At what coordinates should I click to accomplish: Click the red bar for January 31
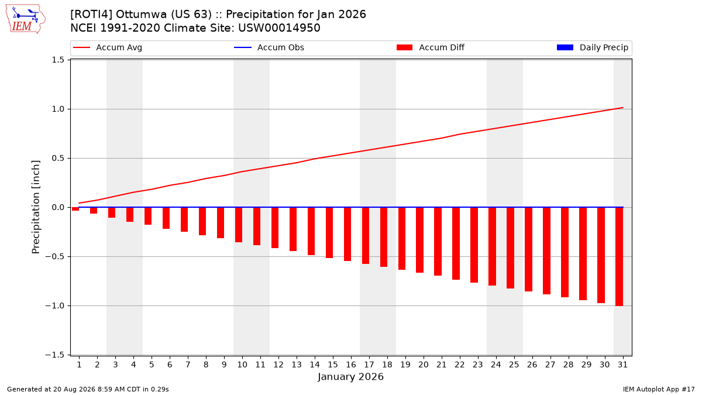point(619,256)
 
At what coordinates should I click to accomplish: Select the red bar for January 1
point(75,209)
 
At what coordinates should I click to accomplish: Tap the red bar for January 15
point(329,233)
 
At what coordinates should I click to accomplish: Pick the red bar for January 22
point(456,243)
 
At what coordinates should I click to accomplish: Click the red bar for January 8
point(202,221)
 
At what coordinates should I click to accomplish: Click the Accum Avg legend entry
point(108,47)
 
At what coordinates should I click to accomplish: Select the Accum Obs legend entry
point(269,47)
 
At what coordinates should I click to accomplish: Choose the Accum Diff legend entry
point(431,47)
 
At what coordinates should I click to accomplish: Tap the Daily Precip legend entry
point(592,47)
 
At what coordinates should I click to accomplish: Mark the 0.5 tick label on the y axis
point(58,159)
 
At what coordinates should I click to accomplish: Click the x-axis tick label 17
point(369,365)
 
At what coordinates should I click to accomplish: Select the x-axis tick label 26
point(532,365)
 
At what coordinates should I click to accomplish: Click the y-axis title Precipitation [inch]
point(36,207)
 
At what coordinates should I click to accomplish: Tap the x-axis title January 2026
point(350,376)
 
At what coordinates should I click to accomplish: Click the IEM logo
point(25,19)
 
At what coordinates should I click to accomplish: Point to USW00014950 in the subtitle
point(279,28)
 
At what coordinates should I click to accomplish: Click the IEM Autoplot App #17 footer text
point(659,389)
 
